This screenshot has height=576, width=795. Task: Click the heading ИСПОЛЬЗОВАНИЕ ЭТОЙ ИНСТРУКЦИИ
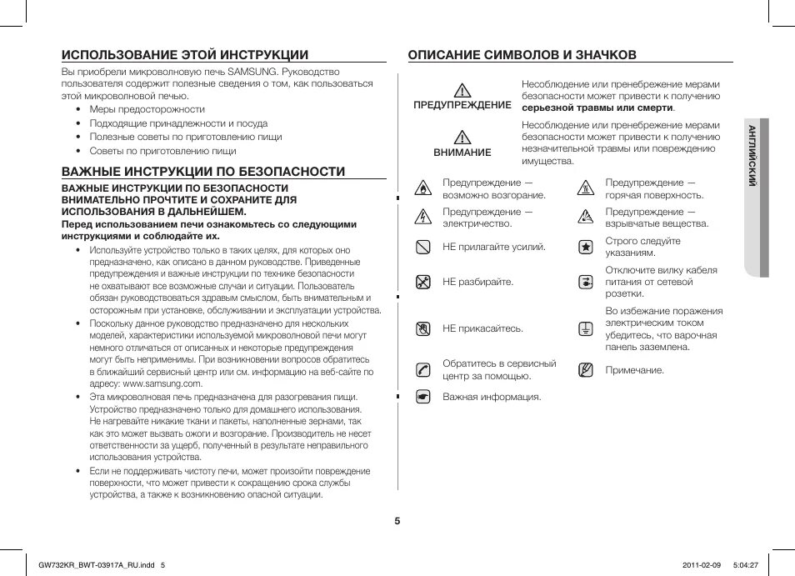pyautogui.click(x=185, y=55)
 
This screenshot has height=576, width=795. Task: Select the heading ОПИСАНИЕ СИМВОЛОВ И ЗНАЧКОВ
pyautogui.click(x=522, y=55)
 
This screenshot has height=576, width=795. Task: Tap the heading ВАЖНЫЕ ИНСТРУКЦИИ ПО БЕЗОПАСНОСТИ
pyautogui.click(x=203, y=172)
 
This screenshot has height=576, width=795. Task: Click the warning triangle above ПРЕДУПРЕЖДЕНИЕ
pyautogui.click(x=463, y=90)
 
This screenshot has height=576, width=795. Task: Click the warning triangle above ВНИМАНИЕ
pyautogui.click(x=463, y=138)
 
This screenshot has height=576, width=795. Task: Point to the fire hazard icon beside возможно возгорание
pyautogui.click(x=423, y=188)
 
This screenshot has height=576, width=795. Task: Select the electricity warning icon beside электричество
pyautogui.click(x=423, y=218)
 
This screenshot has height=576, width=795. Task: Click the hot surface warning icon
pyautogui.click(x=586, y=188)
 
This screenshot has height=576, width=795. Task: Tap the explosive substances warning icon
pyautogui.click(x=586, y=218)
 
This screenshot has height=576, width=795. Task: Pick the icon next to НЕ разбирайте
pyautogui.click(x=423, y=282)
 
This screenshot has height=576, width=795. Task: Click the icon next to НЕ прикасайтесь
pyautogui.click(x=423, y=328)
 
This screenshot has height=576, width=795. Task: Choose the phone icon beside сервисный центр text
pyautogui.click(x=423, y=369)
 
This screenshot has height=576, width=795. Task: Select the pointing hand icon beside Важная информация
pyautogui.click(x=423, y=397)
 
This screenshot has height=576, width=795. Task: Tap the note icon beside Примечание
pyautogui.click(x=586, y=369)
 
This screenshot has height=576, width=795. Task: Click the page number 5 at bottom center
pyautogui.click(x=397, y=521)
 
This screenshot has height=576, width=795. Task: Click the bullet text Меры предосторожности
pyautogui.click(x=147, y=109)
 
